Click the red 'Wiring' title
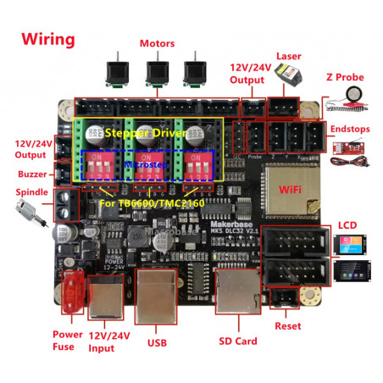(48, 39)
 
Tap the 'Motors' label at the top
(157, 43)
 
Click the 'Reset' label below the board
(287, 325)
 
